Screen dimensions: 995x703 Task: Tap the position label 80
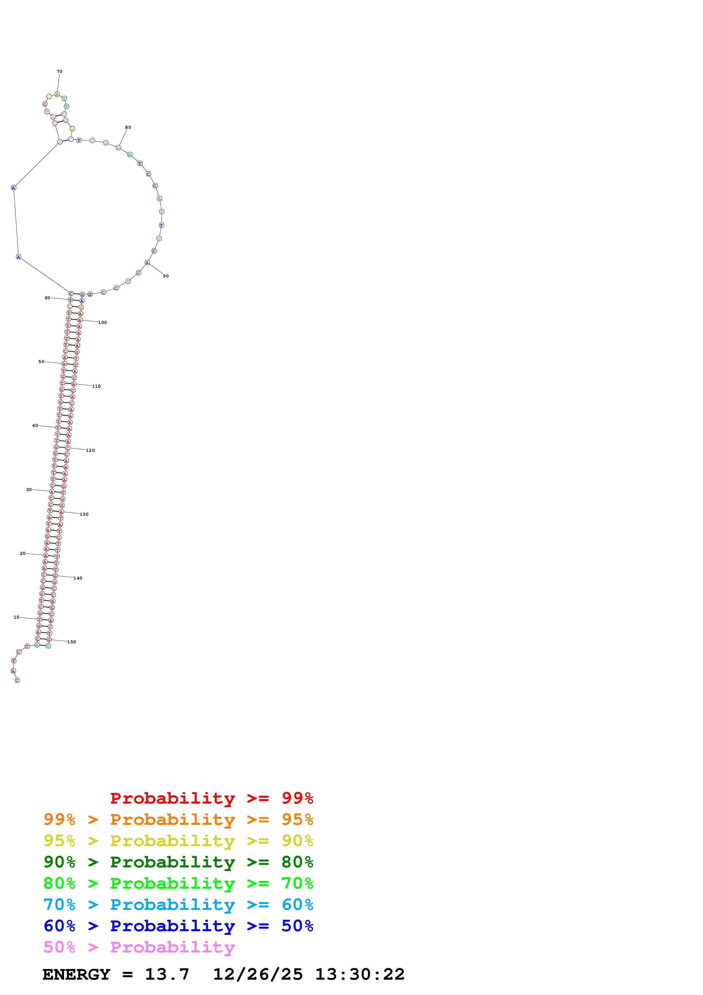(x=128, y=127)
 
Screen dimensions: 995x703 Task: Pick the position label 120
(x=90, y=450)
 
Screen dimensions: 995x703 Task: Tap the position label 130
(x=84, y=514)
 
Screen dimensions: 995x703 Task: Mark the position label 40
(x=35, y=425)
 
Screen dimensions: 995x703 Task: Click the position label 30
(x=29, y=489)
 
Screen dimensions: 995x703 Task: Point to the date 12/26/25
(x=258, y=974)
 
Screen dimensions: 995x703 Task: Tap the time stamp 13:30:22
(x=360, y=974)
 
